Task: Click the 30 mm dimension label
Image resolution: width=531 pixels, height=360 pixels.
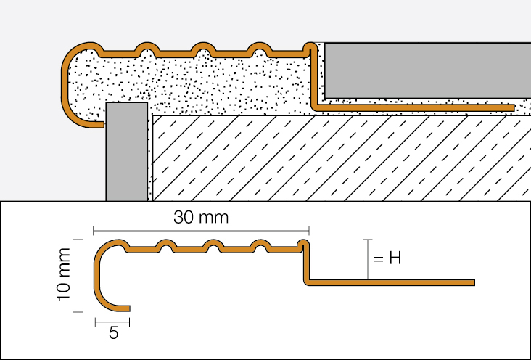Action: [x=200, y=217]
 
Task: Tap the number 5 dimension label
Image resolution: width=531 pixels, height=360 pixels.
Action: [x=112, y=335]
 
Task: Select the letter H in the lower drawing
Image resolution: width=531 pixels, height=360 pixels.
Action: [x=395, y=258]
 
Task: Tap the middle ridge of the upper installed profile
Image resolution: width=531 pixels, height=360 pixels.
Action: [x=202, y=52]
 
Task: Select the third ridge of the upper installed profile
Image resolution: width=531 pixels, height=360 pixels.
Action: [x=258, y=52]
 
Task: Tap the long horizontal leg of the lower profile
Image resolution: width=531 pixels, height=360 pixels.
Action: [x=392, y=282]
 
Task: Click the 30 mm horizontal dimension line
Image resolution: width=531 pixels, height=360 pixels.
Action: [x=200, y=230]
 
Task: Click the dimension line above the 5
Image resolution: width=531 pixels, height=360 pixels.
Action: [x=112, y=321]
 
